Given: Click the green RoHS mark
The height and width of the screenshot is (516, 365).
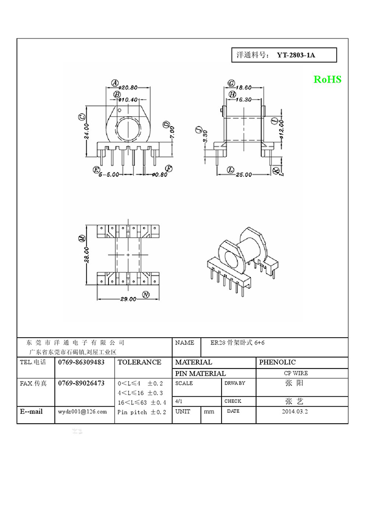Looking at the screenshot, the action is [x=327, y=79].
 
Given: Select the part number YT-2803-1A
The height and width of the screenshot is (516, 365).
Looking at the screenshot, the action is [x=296, y=55].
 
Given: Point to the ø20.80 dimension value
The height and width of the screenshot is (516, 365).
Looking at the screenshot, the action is [x=128, y=88].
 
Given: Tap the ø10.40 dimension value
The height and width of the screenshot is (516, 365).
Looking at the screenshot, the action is [x=128, y=100].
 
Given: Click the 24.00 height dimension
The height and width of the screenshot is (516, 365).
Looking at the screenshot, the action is [x=87, y=132].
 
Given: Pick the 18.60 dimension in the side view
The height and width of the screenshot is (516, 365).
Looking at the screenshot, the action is [x=244, y=88].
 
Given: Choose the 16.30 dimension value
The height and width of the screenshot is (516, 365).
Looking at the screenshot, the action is [x=244, y=100].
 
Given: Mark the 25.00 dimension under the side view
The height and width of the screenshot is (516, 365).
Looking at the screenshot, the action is [x=244, y=175].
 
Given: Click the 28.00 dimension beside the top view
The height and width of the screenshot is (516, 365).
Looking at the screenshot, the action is [x=87, y=255].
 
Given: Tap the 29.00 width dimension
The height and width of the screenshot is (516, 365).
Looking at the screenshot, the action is [x=128, y=299].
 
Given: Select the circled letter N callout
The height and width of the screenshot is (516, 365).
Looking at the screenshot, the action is [x=145, y=294].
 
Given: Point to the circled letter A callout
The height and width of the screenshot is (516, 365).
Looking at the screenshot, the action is [x=115, y=83].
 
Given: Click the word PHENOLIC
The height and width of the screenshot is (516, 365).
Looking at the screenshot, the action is [x=277, y=362].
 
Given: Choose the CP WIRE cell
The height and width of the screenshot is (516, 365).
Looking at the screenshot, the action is [x=296, y=373].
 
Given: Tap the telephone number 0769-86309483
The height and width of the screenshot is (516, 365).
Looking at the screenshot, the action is [x=81, y=362].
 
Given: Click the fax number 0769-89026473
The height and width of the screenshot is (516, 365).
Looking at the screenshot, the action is [x=81, y=383].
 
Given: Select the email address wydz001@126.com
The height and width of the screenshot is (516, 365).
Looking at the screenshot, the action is [x=82, y=411].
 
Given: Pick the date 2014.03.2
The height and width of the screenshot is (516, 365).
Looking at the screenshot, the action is [x=295, y=411].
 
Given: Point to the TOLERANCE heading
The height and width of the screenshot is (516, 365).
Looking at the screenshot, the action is [x=140, y=362].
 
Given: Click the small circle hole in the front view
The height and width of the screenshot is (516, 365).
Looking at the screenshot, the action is [x=120, y=110].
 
